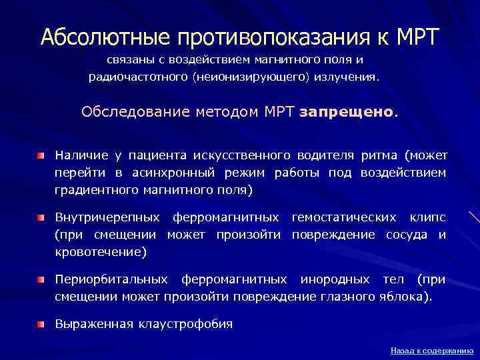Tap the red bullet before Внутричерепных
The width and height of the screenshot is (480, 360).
(x=42, y=218)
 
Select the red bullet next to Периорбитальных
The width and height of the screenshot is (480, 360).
(x=42, y=280)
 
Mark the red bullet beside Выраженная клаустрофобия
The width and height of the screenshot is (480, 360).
(x=42, y=325)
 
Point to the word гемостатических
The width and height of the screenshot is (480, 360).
(x=337, y=217)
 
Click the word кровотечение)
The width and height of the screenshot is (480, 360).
(x=101, y=252)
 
